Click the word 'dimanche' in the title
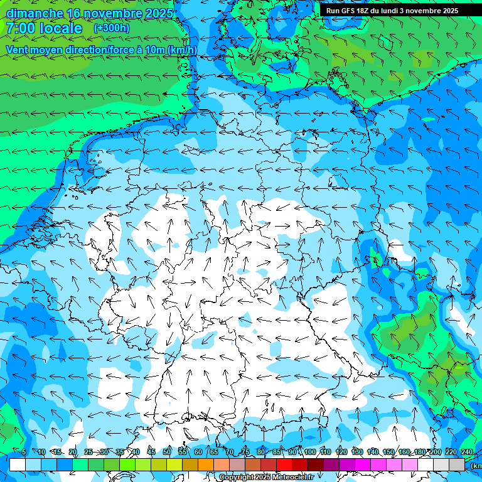(x=35, y=13)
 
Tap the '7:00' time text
(x=23, y=28)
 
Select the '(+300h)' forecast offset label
(x=111, y=28)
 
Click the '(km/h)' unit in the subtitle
(x=182, y=50)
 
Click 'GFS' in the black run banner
(x=346, y=11)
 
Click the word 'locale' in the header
(x=61, y=28)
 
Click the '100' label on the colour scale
(x=310, y=452)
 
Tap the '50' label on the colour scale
(x=167, y=452)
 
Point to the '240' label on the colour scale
(x=467, y=452)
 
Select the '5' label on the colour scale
(x=24, y=452)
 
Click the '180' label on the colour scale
(x=420, y=452)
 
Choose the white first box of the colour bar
(x=18, y=464)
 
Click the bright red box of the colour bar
(x=284, y=464)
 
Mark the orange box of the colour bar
(x=206, y=464)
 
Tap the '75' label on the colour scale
(x=245, y=452)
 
